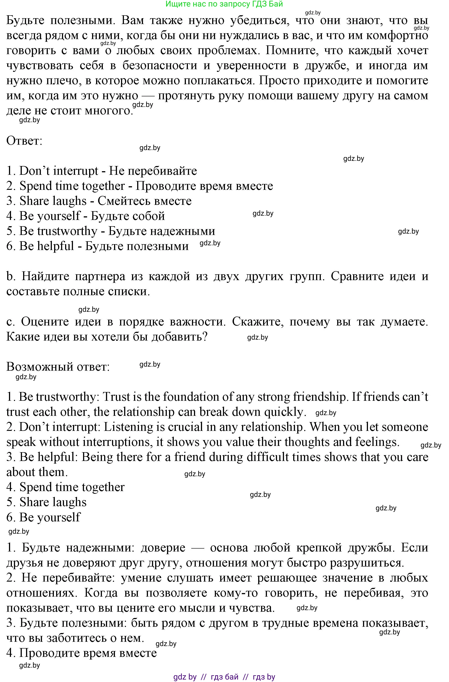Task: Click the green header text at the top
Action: [x=224, y=4]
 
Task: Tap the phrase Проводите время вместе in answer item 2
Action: [x=204, y=186]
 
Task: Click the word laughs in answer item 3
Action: [x=68, y=201]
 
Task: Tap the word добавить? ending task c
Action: [x=180, y=337]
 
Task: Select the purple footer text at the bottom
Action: [x=224, y=677]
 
